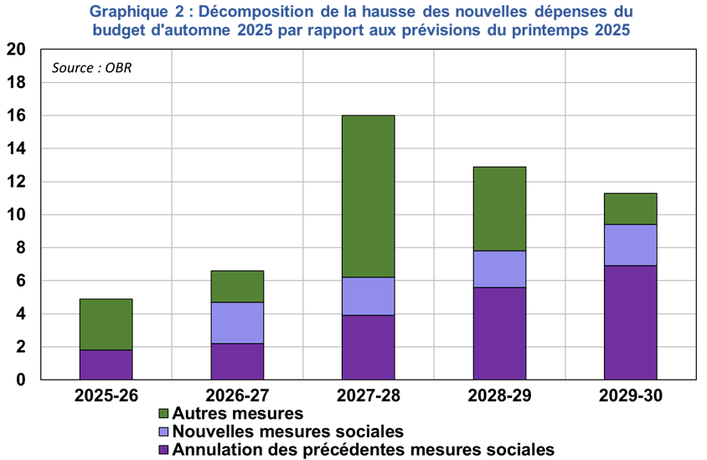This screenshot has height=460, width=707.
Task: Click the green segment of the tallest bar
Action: click(368, 196)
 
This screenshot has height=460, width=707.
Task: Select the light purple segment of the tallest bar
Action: click(368, 296)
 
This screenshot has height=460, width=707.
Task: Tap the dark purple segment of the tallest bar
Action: click(368, 347)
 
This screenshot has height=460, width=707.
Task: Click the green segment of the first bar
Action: click(106, 324)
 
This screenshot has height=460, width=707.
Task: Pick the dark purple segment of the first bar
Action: click(106, 364)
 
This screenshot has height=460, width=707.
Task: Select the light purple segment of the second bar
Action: click(237, 323)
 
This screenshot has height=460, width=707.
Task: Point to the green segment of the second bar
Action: click(237, 287)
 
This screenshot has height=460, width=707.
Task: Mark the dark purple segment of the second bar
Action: click(237, 361)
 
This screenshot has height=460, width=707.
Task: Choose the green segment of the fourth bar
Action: click(499, 209)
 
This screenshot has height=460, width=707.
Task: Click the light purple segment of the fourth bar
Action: click(499, 269)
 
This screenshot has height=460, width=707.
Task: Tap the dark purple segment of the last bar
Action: click(630, 323)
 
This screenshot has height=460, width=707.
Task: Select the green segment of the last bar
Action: click(630, 209)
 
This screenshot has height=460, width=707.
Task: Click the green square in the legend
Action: click(163, 413)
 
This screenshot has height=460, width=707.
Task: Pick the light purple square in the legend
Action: click(163, 432)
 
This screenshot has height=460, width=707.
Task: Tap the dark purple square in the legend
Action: click(163, 450)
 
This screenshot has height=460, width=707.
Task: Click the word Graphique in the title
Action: click(125, 12)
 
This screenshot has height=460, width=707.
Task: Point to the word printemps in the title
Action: click(548, 30)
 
